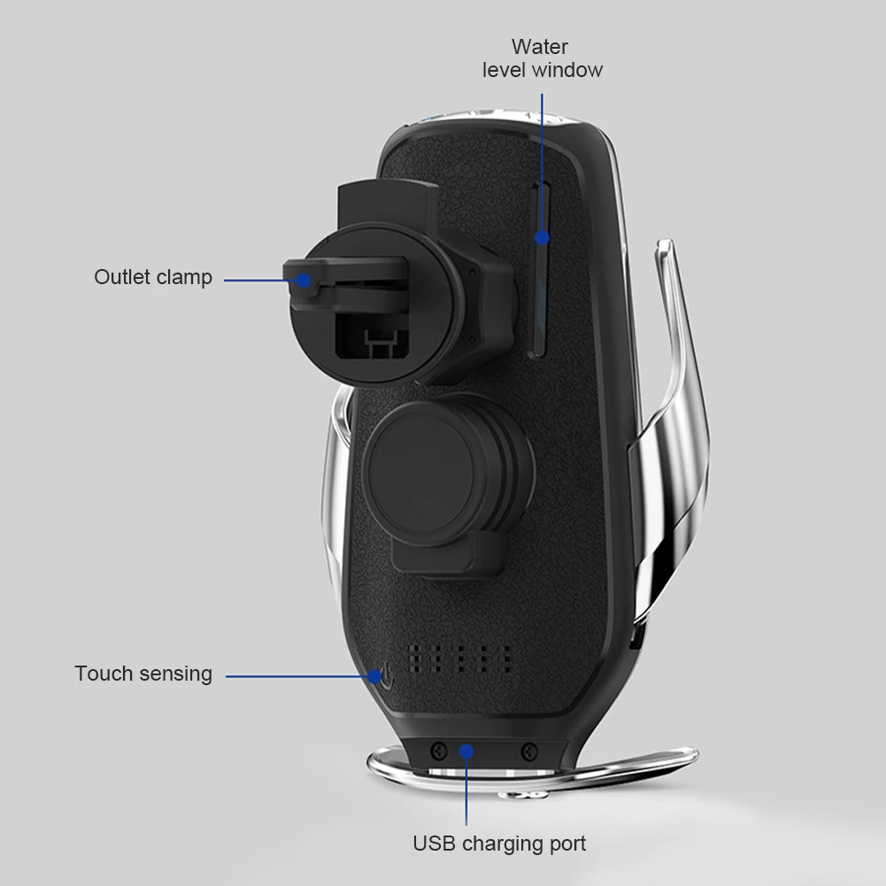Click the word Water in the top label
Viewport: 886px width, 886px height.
tap(540, 47)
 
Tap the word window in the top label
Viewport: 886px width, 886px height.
tap(567, 70)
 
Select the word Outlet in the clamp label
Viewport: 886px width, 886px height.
tap(121, 277)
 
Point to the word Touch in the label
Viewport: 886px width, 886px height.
tap(104, 674)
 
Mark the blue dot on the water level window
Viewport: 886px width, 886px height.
tap(542, 238)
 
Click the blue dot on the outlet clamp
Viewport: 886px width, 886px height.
tap(303, 281)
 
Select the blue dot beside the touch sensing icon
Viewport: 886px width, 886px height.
tap(374, 676)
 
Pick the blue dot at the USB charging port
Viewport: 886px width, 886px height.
tap(466, 751)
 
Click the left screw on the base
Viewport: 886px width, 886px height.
tap(438, 751)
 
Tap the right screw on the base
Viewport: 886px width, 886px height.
tap(529, 751)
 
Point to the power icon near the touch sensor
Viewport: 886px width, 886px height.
tap(387, 676)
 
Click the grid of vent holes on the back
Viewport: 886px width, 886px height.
tap(460, 659)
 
